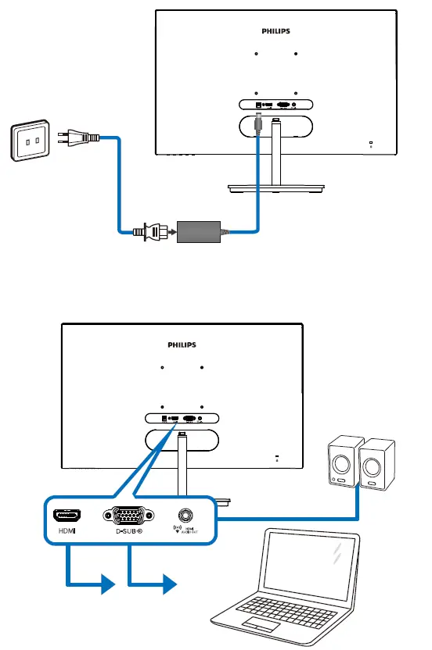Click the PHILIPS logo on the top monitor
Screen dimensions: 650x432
click(x=275, y=32)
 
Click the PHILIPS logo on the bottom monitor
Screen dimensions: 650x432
click(x=182, y=344)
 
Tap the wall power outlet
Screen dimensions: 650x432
click(x=29, y=141)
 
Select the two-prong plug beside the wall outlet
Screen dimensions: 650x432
click(x=79, y=141)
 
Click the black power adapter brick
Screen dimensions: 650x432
click(x=200, y=232)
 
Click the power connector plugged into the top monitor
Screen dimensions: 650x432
click(x=258, y=124)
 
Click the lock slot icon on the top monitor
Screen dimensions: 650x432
click(x=370, y=142)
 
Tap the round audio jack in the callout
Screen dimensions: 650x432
click(x=185, y=516)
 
